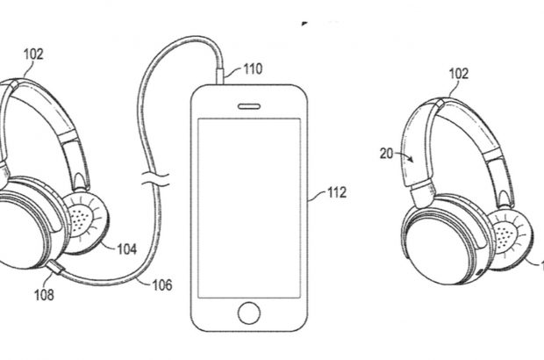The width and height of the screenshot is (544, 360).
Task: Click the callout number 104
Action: [x=126, y=248]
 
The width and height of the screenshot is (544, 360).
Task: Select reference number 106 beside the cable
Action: [x=161, y=284]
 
